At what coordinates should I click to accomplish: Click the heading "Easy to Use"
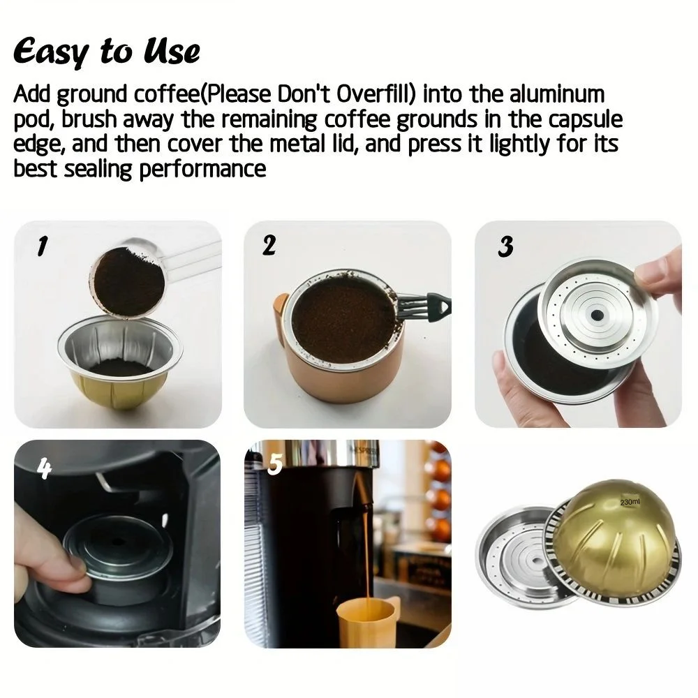[x=106, y=52]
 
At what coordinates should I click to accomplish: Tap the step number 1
[x=42, y=246]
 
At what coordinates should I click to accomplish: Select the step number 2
[x=269, y=245]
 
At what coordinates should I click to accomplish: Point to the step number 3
[x=506, y=246]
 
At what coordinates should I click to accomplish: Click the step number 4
[x=43, y=469]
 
